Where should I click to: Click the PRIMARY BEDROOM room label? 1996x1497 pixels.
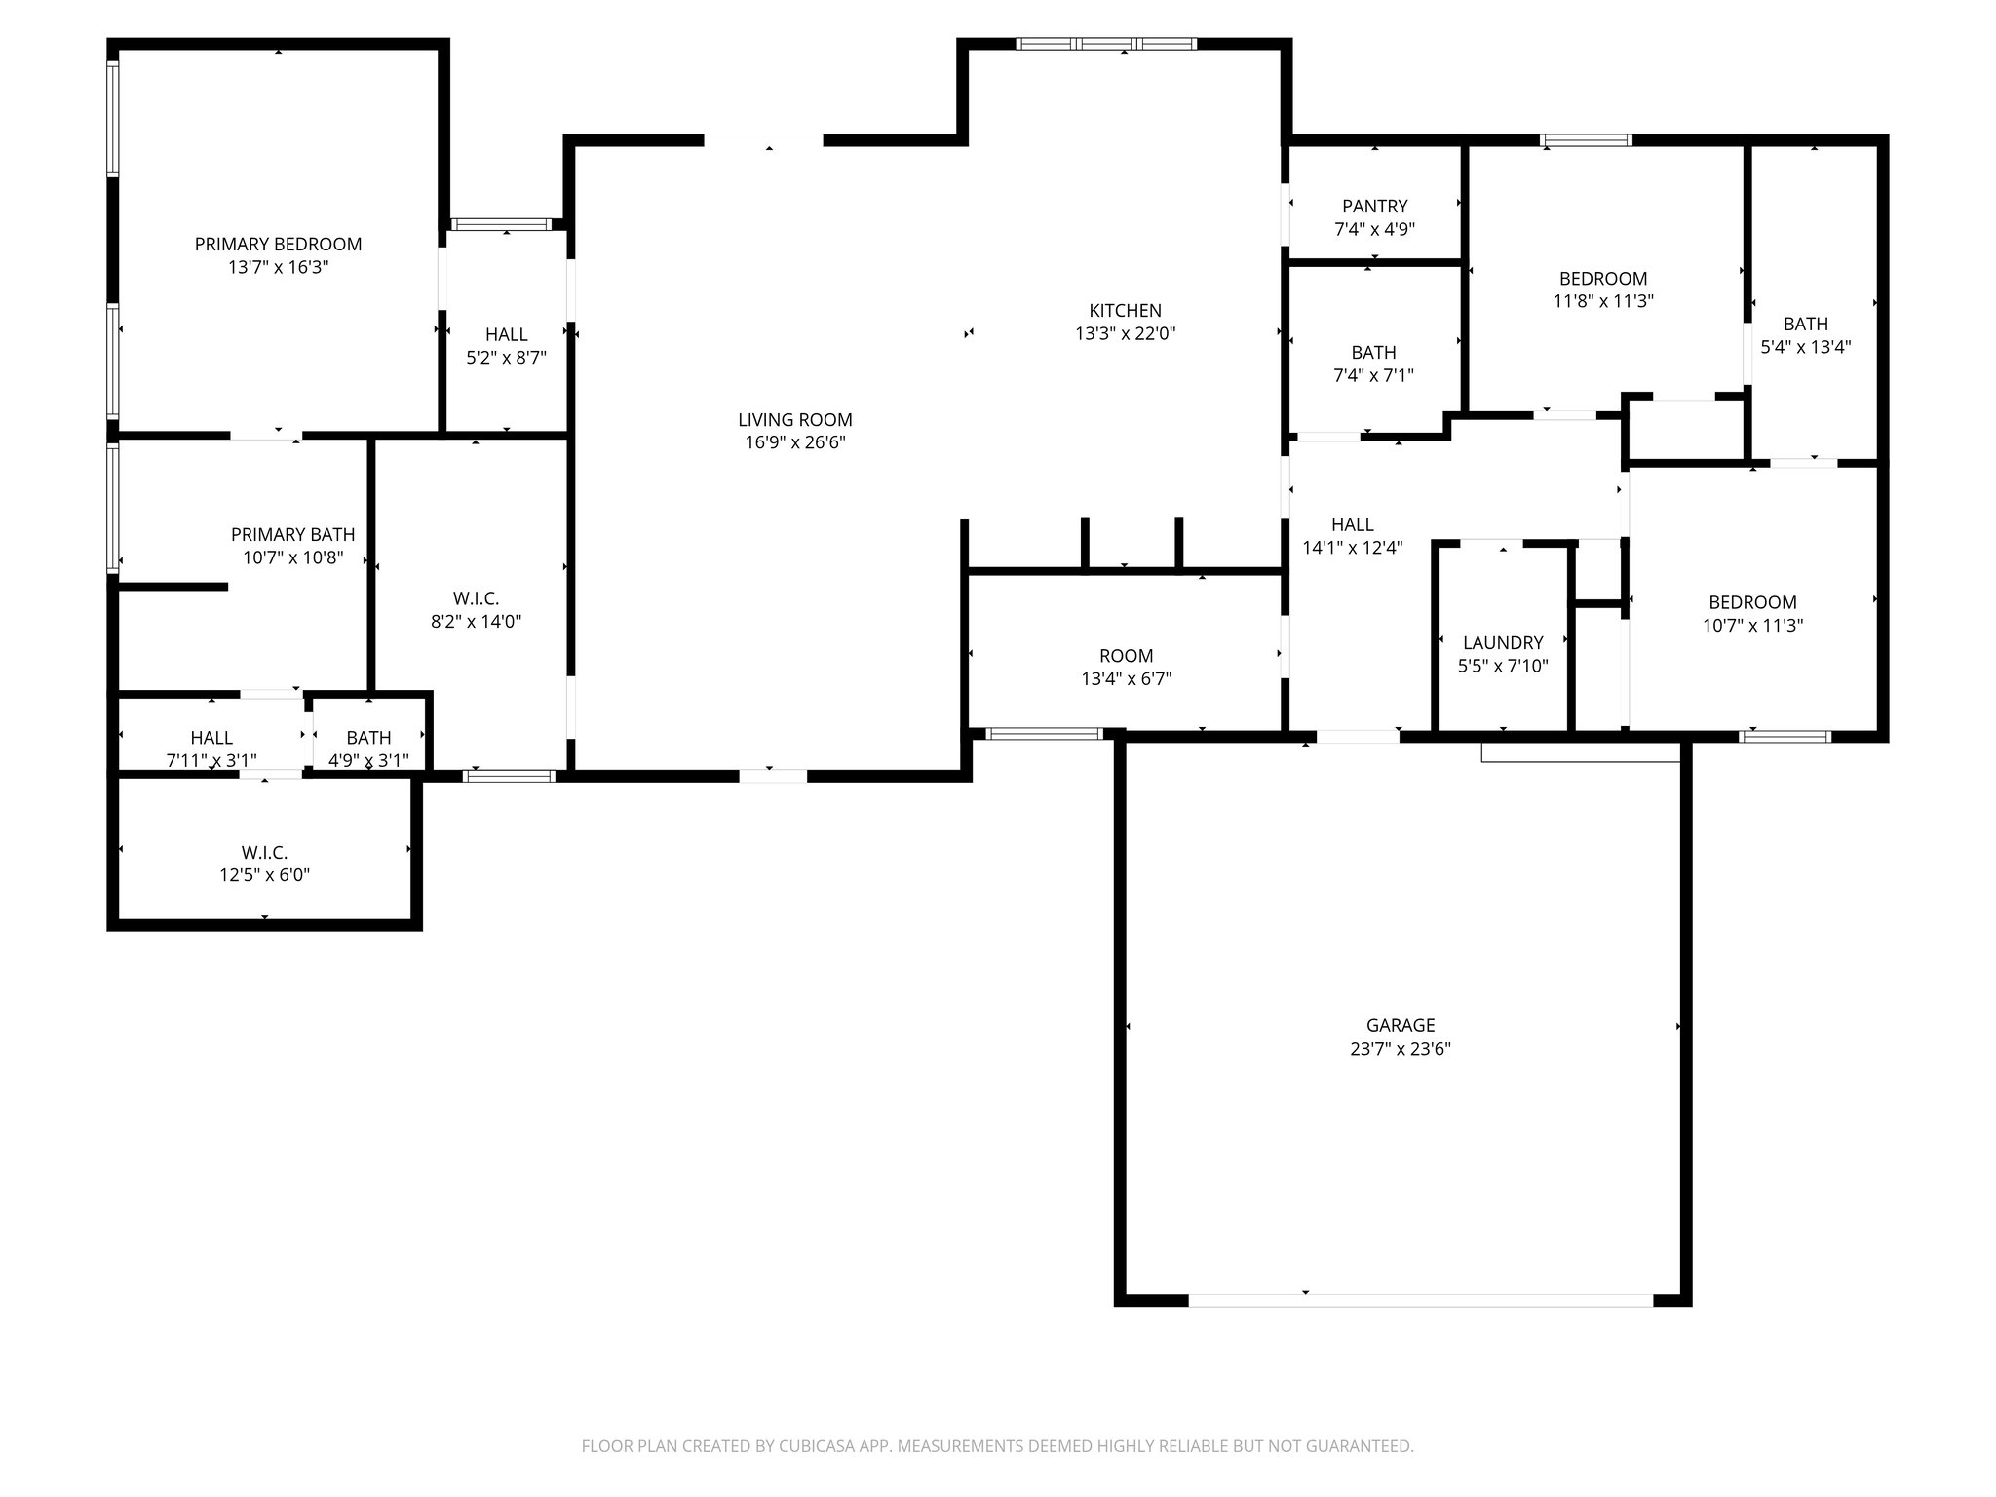click(278, 245)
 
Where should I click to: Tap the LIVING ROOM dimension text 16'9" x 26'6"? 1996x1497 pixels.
click(794, 442)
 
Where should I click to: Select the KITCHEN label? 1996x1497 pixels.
click(1125, 311)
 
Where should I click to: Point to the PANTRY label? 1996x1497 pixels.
click(1374, 207)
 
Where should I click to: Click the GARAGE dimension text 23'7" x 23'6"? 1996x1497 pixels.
click(1401, 1049)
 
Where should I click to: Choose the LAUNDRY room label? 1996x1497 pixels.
click(1502, 643)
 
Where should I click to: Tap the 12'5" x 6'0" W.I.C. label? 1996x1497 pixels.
click(264, 864)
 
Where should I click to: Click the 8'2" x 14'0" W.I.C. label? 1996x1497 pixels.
click(476, 610)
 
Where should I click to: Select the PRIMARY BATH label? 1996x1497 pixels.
click(292, 535)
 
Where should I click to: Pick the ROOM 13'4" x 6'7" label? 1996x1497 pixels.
click(1126, 667)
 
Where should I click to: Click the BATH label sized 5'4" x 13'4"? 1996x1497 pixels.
click(1805, 334)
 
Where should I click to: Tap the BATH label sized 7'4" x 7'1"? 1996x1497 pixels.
click(1373, 364)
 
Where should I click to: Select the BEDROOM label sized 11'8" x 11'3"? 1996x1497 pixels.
click(1602, 289)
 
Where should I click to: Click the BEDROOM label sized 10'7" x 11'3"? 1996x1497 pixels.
click(1751, 614)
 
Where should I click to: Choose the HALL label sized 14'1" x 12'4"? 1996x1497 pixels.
click(1352, 536)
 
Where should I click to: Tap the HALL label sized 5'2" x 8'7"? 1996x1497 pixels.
click(506, 346)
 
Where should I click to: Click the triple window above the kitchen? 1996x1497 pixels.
click(1105, 44)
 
